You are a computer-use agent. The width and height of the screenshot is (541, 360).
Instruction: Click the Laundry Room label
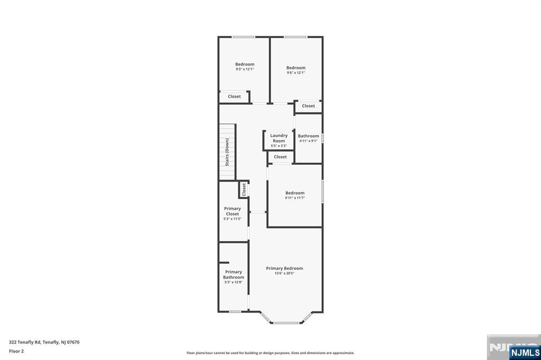point(279,138)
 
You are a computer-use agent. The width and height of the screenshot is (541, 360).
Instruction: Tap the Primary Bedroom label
point(284,268)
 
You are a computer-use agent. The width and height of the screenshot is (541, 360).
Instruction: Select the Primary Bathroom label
point(234,274)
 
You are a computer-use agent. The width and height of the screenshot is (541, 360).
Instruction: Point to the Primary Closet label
point(232,211)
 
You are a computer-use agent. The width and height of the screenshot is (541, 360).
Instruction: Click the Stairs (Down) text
point(227,152)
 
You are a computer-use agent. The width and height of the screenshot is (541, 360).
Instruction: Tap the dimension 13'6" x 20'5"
point(284,273)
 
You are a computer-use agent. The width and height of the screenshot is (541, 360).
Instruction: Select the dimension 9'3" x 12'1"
point(245,69)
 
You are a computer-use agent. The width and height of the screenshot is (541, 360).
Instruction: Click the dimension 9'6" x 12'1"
point(296,73)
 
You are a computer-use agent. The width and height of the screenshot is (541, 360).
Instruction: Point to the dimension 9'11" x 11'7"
point(295,198)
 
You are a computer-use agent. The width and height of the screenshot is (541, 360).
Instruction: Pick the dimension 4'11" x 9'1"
point(308,141)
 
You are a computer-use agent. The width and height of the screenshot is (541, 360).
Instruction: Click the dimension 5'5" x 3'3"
point(279,146)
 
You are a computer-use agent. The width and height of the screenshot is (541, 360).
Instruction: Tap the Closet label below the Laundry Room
point(280,157)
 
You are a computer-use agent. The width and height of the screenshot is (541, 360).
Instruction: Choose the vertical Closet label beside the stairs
point(244,190)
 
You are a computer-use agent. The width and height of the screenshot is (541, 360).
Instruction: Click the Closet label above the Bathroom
point(308,106)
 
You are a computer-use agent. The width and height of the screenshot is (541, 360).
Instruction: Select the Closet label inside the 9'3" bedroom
point(234,97)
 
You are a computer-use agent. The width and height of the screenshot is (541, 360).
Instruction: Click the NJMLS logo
point(525,353)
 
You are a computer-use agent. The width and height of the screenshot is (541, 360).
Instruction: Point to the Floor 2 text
point(16,352)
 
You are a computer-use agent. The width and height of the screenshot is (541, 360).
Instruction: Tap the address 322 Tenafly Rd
point(25,343)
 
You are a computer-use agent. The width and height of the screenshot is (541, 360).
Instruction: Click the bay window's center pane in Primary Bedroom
point(286,323)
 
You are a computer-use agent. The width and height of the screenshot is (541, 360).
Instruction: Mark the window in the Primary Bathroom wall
point(235,312)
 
